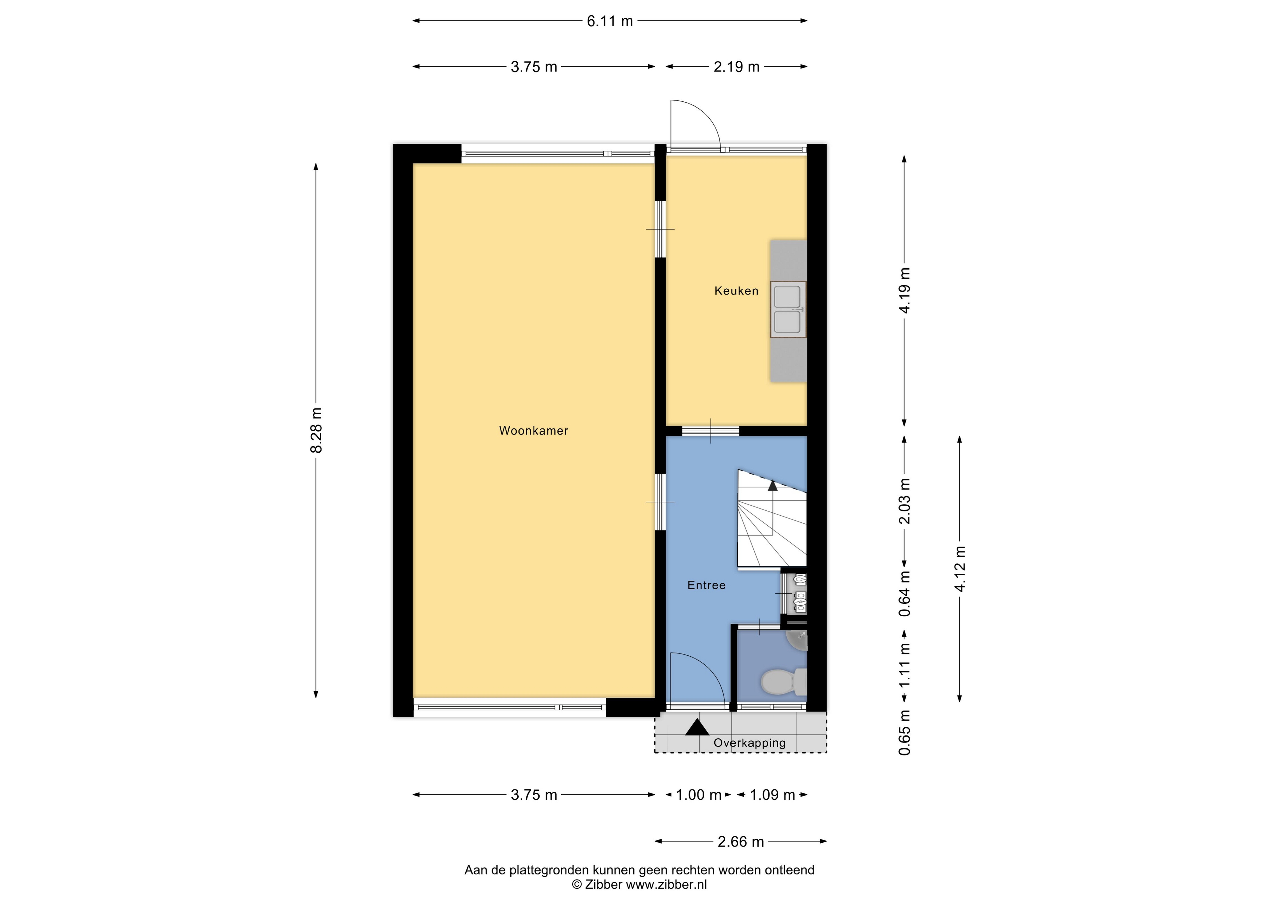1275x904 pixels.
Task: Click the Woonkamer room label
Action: (534, 430)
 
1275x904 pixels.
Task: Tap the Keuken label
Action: (736, 291)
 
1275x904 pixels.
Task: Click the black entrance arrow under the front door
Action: (697, 727)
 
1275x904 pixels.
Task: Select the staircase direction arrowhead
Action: (772, 485)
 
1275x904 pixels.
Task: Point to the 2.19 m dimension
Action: (737, 67)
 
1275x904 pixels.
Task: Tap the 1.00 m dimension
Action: (699, 795)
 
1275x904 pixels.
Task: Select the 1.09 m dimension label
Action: (772, 795)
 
